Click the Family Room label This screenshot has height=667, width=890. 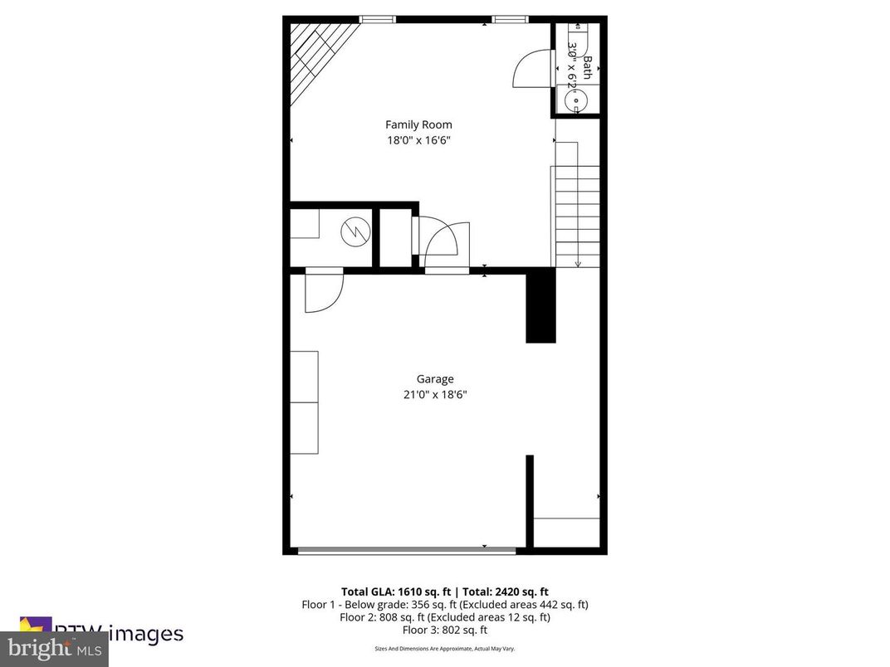coord(418,124)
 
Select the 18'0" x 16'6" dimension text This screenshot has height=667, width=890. coord(418,140)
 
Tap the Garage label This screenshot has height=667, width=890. coord(435,379)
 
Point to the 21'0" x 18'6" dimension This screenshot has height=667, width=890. coord(435,395)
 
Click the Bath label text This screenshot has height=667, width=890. coord(588,68)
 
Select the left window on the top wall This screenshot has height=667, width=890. coord(377,19)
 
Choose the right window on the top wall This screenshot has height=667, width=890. coord(511,19)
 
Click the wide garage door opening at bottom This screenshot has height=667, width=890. coord(407,548)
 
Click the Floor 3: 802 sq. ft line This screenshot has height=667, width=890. coord(445,630)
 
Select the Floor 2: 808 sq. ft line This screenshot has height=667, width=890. coord(445,617)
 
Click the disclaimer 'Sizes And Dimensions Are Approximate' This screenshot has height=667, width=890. coord(445,648)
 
